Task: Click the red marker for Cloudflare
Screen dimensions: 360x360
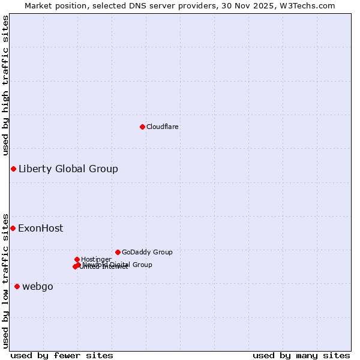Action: (x=142, y=127)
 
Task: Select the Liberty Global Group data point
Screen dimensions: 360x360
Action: (x=13, y=169)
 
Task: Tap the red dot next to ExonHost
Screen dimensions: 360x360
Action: (x=13, y=228)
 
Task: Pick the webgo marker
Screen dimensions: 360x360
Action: (x=17, y=286)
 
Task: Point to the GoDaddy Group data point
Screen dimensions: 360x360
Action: (x=118, y=252)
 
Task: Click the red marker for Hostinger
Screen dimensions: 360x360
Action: (x=77, y=259)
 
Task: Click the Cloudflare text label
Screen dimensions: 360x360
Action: (x=163, y=127)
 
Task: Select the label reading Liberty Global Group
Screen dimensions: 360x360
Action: (x=68, y=169)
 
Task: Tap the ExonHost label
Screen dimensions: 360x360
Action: (x=40, y=228)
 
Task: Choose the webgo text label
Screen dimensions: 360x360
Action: (x=38, y=286)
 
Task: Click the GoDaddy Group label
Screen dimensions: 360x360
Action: (x=147, y=252)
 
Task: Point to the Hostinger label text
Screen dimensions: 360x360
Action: (x=96, y=259)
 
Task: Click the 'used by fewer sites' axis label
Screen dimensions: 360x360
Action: (x=62, y=355)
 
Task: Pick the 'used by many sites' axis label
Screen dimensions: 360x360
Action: (x=301, y=355)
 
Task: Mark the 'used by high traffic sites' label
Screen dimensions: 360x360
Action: (x=5, y=85)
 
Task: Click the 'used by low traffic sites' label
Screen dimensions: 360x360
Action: (x=5, y=280)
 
